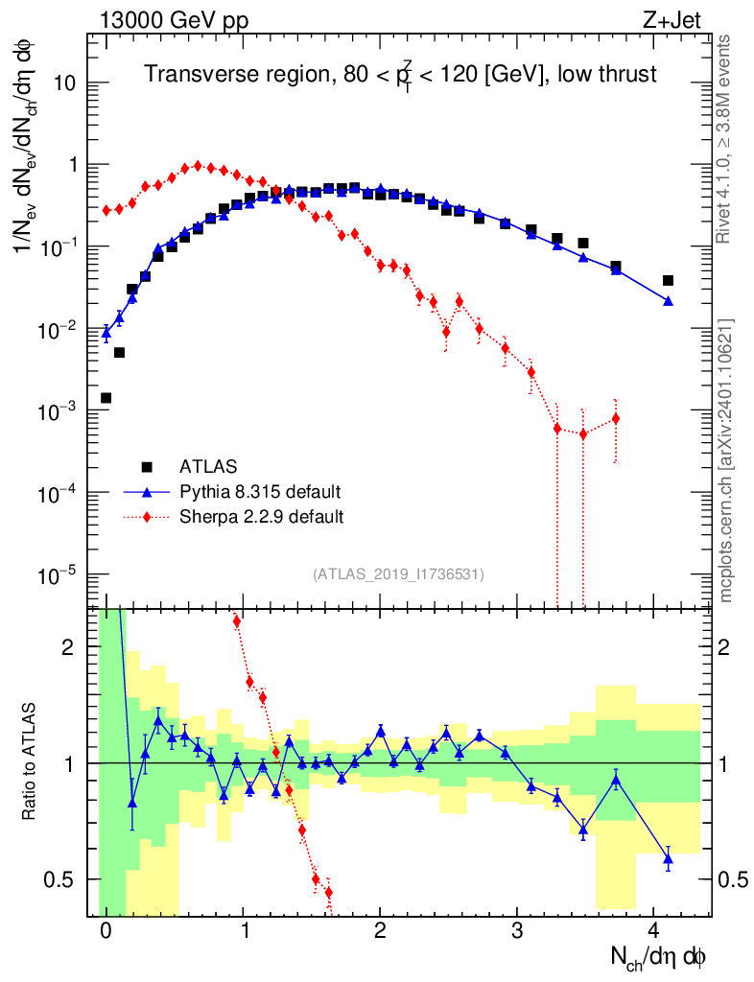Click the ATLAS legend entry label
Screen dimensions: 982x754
tap(202, 467)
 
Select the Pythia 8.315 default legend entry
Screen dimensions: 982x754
tap(260, 492)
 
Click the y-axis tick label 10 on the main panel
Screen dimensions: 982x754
tap(66, 82)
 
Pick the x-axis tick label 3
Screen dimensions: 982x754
tap(517, 931)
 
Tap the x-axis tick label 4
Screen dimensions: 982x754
tap(654, 931)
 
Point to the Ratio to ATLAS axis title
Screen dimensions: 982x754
tap(31, 763)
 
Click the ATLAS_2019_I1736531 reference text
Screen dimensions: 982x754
tap(398, 574)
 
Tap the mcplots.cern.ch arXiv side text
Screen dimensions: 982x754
tap(726, 460)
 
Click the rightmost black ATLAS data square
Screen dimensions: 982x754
tap(668, 281)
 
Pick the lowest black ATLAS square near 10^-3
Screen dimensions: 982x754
tap(106, 398)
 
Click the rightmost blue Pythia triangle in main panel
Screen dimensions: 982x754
tap(668, 301)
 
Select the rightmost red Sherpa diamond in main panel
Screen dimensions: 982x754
tap(615, 418)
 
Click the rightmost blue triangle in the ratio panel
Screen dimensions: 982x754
tap(668, 859)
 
